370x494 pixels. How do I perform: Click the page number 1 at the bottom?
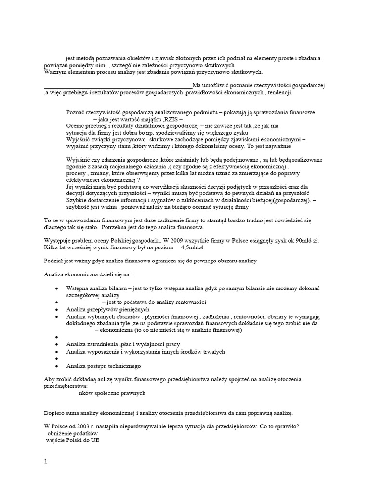point(46,462)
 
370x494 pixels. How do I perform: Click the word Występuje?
point(57,240)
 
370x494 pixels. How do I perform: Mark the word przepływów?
point(103,309)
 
